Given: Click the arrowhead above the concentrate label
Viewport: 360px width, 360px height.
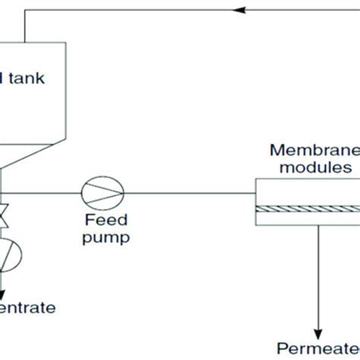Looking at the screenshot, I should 4,289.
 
